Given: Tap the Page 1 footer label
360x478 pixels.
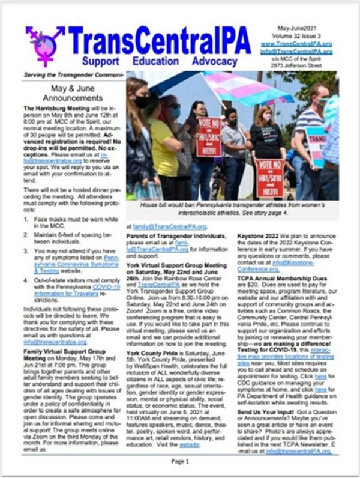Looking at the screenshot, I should click(x=180, y=461).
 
